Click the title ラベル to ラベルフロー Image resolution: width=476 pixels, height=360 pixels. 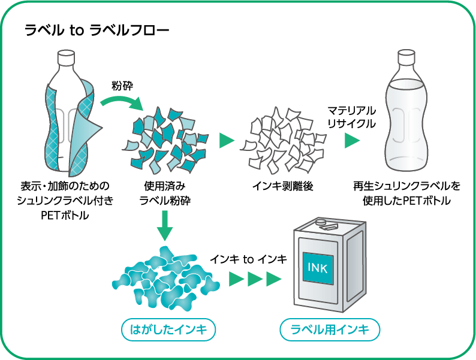[97, 31]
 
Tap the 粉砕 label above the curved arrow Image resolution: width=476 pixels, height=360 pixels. [122, 86]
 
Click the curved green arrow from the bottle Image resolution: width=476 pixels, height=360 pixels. [122, 101]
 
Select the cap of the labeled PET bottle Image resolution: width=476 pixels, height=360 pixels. [66, 58]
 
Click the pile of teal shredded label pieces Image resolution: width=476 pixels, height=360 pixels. [165, 140]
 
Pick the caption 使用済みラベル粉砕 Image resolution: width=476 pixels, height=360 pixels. [165, 193]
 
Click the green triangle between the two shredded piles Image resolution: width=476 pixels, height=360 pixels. [227, 140]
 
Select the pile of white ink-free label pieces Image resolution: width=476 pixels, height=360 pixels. [283, 140]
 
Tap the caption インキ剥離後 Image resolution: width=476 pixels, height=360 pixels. [282, 186]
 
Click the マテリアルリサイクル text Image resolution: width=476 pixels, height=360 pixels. [351, 117]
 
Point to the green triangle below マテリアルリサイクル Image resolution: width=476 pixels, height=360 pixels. [352, 140]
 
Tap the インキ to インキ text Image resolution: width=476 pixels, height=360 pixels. [248, 259]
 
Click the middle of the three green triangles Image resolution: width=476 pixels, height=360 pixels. [255, 279]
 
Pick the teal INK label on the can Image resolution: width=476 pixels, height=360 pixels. [318, 268]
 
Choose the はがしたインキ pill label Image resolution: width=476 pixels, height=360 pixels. [168, 329]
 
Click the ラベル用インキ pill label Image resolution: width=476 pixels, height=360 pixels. [330, 329]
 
